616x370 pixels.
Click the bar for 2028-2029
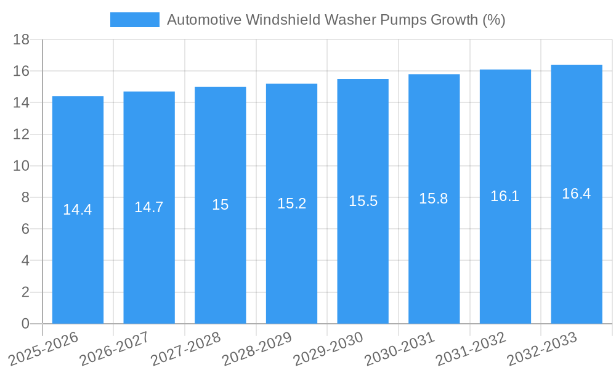coord(291,247)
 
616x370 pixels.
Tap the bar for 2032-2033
coord(577,247)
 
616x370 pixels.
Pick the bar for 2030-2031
coord(434,247)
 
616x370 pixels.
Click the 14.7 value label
coord(149,207)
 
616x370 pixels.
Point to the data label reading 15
coord(221,205)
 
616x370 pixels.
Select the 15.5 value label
coord(363,201)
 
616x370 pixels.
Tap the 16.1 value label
coord(505,196)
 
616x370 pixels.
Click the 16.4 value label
coord(577,194)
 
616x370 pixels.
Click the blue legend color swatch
coord(134,20)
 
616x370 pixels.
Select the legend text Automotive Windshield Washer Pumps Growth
coord(336,20)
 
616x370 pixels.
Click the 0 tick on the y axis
coord(25,324)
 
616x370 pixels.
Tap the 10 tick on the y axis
coord(22,166)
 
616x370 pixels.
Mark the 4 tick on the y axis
coord(25,261)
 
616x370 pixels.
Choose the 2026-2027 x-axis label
coord(115,348)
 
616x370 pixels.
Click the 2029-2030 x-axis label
coord(328,348)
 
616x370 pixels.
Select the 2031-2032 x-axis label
coord(471,348)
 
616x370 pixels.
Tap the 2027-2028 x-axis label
coord(186,348)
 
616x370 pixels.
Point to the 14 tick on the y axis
coord(22,103)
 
